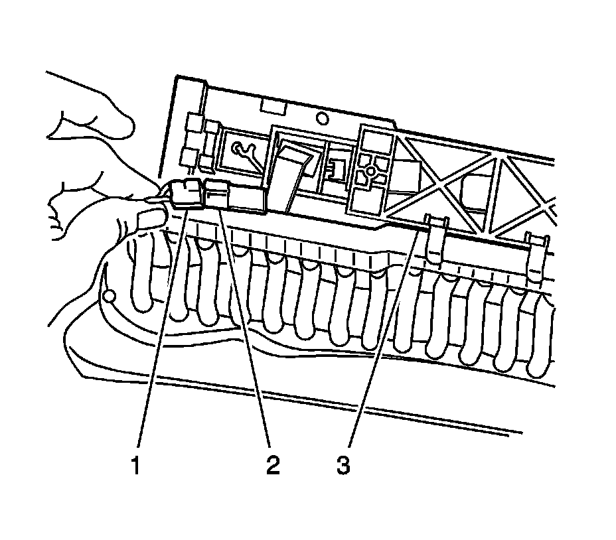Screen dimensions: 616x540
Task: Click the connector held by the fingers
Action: (x=187, y=194)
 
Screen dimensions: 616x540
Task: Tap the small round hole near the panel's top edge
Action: (x=322, y=119)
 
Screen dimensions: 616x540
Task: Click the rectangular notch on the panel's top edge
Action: (x=272, y=106)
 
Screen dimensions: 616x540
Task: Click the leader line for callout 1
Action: (x=159, y=332)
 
